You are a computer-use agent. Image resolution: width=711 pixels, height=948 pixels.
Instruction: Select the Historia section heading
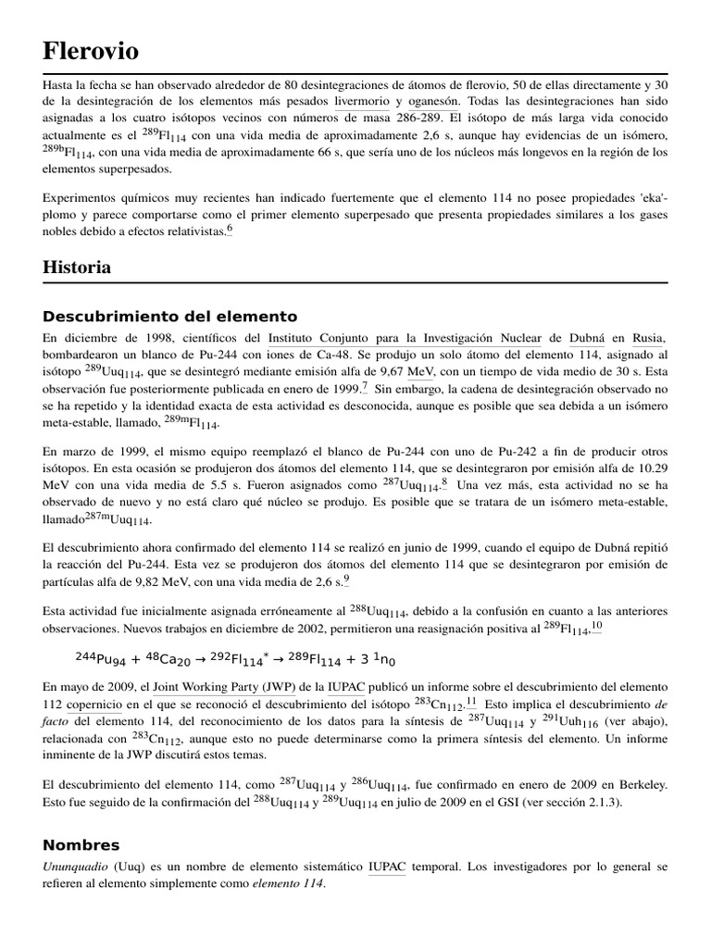77,267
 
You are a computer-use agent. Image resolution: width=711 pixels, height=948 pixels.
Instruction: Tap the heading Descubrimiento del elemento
170,316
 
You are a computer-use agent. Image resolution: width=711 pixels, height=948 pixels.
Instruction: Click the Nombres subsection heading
81,845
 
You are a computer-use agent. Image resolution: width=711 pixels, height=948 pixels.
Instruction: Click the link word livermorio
364,101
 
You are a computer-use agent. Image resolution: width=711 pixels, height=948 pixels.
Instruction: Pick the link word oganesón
433,101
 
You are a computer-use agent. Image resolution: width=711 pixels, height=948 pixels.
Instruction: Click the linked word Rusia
649,338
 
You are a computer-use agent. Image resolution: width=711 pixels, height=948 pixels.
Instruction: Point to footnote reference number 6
230,230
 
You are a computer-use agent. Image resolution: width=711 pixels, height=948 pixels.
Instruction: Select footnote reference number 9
346,580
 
